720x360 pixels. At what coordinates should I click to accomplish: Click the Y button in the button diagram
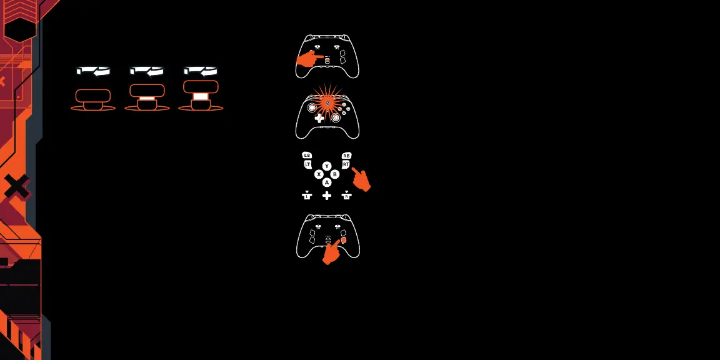[x=327, y=166]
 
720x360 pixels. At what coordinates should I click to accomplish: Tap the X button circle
[x=319, y=174]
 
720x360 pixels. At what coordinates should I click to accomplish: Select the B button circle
[x=335, y=174]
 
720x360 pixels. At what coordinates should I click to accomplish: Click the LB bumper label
[x=306, y=155]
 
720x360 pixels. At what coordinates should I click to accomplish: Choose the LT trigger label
[x=307, y=164]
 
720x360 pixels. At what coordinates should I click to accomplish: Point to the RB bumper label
[x=347, y=155]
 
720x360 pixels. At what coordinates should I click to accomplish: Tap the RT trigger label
[x=346, y=164]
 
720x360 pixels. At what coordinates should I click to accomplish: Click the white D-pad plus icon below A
[x=327, y=196]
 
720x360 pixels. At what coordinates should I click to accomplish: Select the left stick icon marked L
[x=306, y=196]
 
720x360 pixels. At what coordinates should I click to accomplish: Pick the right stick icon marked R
[x=347, y=196]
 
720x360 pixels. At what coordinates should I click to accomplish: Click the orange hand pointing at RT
[x=361, y=179]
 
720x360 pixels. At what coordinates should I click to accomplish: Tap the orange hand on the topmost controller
[x=307, y=59]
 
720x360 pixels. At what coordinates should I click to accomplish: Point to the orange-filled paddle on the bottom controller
[x=343, y=239]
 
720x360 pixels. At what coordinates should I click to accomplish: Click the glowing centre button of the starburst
[x=327, y=103]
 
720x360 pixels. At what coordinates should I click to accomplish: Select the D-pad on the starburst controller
[x=319, y=117]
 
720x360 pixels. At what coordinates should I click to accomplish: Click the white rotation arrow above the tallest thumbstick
[x=201, y=71]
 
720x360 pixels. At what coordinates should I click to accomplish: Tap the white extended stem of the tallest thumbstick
[x=201, y=96]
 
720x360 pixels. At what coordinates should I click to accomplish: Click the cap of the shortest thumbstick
[x=93, y=96]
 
